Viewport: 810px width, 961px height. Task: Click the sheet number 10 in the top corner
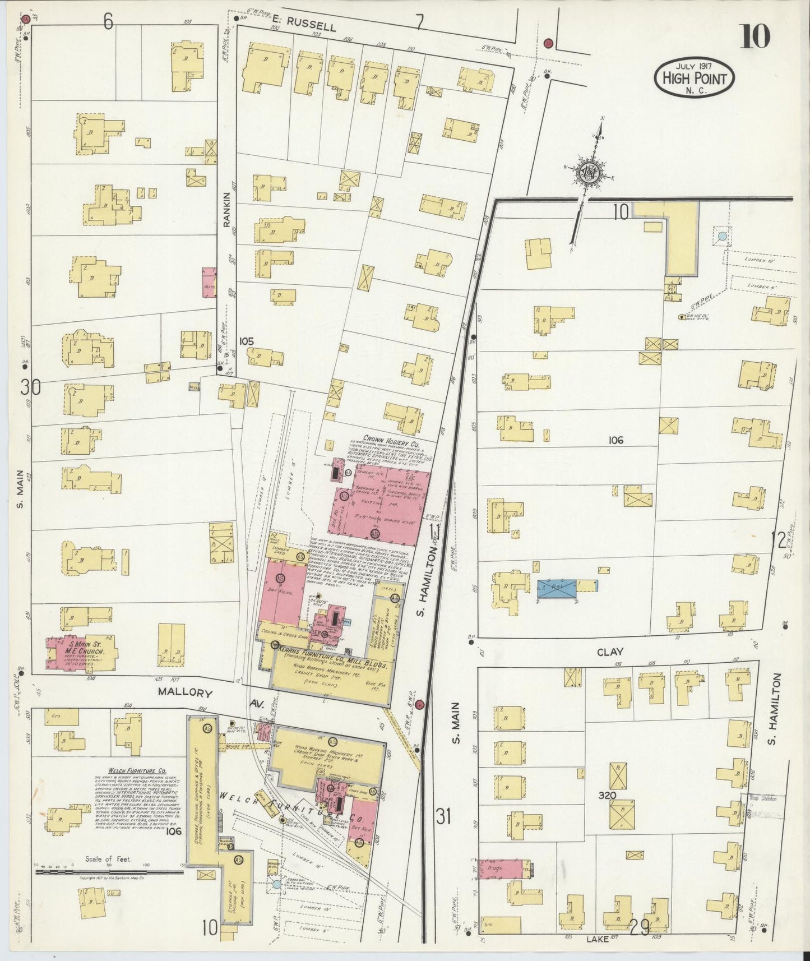[756, 38]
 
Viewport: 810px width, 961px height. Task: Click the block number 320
[607, 796]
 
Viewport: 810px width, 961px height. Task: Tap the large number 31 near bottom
[443, 817]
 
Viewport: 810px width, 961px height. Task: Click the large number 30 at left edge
[30, 387]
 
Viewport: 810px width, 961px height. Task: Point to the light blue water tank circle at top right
[722, 236]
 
